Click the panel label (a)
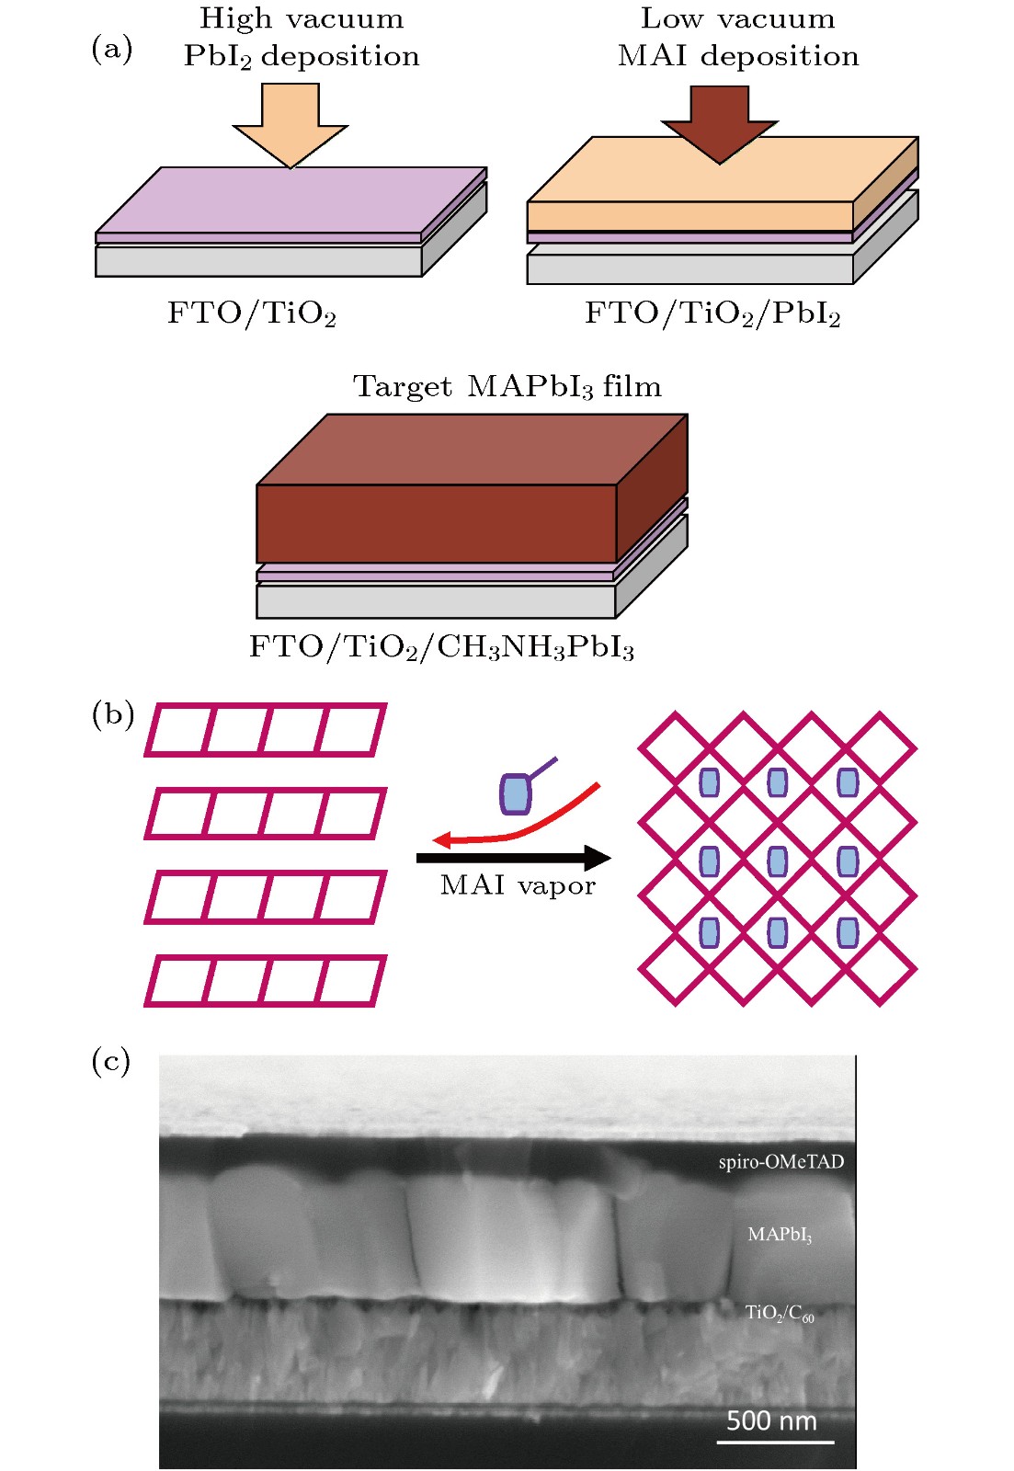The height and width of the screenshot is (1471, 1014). click(x=111, y=49)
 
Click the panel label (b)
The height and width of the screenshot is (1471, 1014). click(x=112, y=714)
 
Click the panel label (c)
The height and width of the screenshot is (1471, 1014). click(x=111, y=1061)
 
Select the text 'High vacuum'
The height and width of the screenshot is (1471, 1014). click(x=302, y=18)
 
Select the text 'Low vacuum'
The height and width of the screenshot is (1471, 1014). click(x=737, y=18)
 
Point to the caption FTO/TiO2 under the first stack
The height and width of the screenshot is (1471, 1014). click(x=251, y=314)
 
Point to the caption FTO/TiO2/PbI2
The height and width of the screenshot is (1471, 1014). click(x=712, y=314)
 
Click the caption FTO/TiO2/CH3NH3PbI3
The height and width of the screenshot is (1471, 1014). click(x=441, y=647)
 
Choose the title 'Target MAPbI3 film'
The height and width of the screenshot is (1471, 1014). click(x=507, y=387)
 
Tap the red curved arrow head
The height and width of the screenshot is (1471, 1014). click(x=443, y=838)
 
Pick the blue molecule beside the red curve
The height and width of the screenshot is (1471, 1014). click(x=516, y=793)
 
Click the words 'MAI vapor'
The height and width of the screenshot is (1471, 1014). click(x=518, y=885)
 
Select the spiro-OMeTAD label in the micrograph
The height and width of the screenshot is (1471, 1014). click(x=780, y=1162)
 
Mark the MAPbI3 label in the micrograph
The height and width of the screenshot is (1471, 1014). click(x=780, y=1235)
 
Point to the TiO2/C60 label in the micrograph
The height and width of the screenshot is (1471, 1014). click(x=779, y=1313)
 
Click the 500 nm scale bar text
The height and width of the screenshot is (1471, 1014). click(x=771, y=1421)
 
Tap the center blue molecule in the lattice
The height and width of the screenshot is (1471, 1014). click(x=778, y=861)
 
